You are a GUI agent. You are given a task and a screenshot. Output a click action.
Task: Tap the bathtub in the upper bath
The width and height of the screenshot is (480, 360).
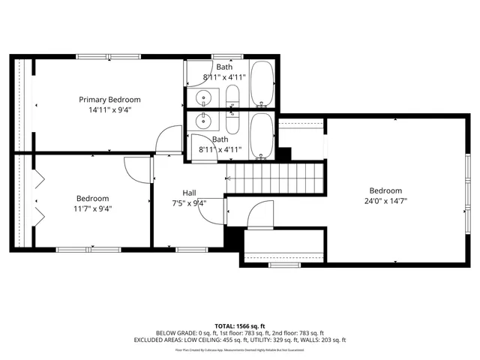(262, 83)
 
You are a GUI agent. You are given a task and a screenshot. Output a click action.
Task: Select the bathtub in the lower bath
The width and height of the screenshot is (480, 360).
(262, 136)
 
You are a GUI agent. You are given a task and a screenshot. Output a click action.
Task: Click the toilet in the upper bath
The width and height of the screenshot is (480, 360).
(232, 97)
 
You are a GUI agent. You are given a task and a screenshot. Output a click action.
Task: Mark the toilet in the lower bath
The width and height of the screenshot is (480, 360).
(232, 124)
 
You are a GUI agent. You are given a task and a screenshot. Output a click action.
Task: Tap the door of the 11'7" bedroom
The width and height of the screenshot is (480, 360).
(137, 169)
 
